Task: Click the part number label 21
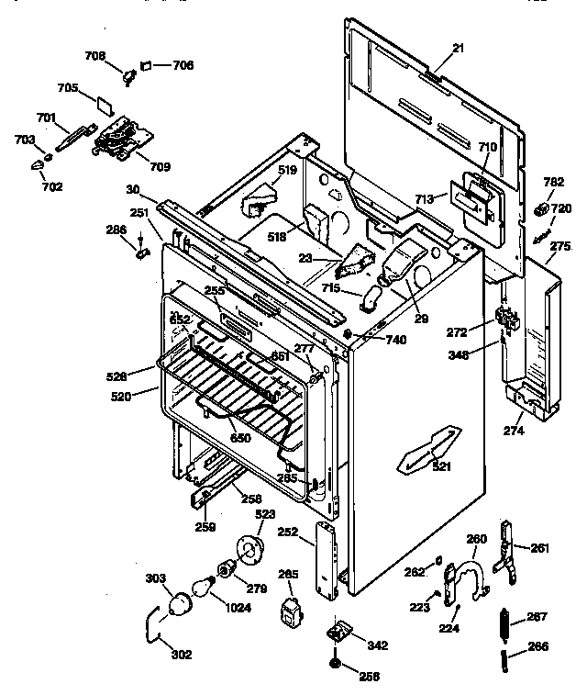(459, 48)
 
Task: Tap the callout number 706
(183, 65)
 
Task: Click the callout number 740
(396, 340)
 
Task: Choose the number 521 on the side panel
(441, 468)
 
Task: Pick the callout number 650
(240, 439)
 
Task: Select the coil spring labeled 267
(504, 620)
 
